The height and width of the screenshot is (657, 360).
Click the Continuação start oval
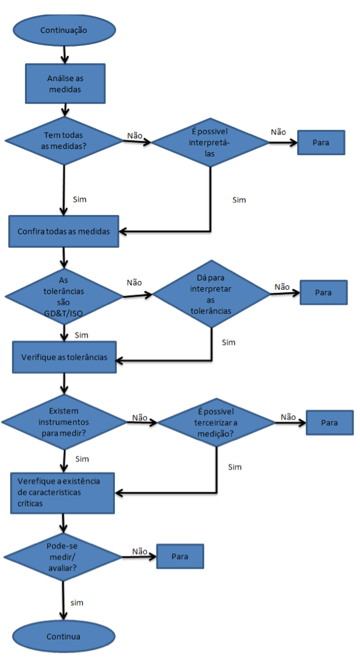[63, 30]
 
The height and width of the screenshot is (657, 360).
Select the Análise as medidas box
[65, 84]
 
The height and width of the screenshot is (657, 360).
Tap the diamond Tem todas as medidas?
[63, 141]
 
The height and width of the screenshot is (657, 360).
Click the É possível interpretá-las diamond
[210, 142]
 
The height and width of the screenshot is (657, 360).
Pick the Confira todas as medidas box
[63, 231]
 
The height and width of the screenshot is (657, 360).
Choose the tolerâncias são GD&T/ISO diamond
[63, 296]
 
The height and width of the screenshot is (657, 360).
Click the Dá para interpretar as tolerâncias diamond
[211, 294]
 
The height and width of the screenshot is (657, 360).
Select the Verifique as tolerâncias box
[64, 357]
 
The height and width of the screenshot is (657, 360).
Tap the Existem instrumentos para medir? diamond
[63, 422]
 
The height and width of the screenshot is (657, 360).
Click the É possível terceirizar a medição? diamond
[216, 422]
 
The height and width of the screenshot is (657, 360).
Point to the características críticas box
[62, 493]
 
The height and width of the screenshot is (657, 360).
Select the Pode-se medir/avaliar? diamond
[62, 557]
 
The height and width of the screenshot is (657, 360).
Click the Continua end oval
[63, 636]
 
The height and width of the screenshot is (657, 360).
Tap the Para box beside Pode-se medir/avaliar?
[180, 556]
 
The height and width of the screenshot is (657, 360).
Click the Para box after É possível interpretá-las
[321, 143]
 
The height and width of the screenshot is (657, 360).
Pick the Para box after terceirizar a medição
[329, 422]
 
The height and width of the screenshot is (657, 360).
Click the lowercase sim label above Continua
[77, 603]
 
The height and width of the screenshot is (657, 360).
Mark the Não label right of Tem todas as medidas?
[135, 136]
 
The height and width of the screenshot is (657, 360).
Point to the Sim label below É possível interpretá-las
[239, 200]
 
